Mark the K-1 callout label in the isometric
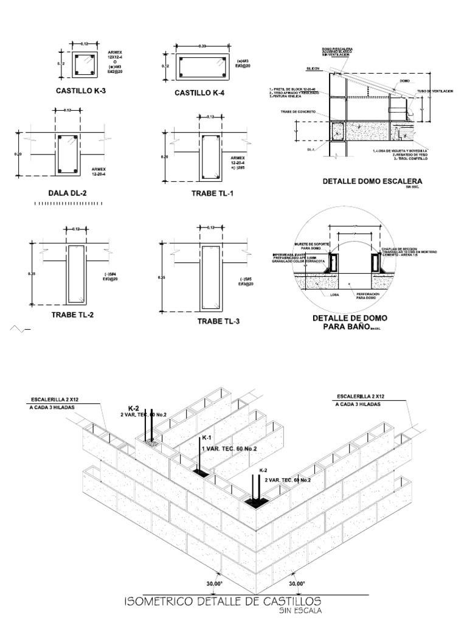pyautogui.click(x=205, y=438)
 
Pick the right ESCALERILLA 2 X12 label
pyautogui.click(x=362, y=396)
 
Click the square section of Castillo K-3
pyautogui.click(x=84, y=64)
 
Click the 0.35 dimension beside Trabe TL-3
pyautogui.click(x=161, y=277)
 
